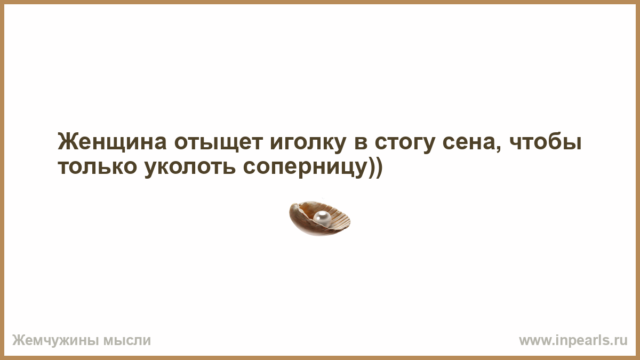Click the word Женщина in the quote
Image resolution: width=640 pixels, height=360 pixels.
tap(112, 142)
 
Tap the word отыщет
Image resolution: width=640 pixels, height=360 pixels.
tap(218, 142)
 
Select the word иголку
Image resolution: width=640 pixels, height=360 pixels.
tap(308, 143)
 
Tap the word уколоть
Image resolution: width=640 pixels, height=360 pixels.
tap(190, 169)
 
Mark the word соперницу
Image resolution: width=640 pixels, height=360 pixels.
tap(305, 169)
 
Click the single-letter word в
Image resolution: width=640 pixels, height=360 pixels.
tap(361, 142)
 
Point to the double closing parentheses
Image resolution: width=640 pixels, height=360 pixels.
tap(375, 167)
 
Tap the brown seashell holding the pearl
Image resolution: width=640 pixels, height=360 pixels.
tap(319, 219)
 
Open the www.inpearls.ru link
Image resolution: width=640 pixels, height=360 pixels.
tap(573, 341)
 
